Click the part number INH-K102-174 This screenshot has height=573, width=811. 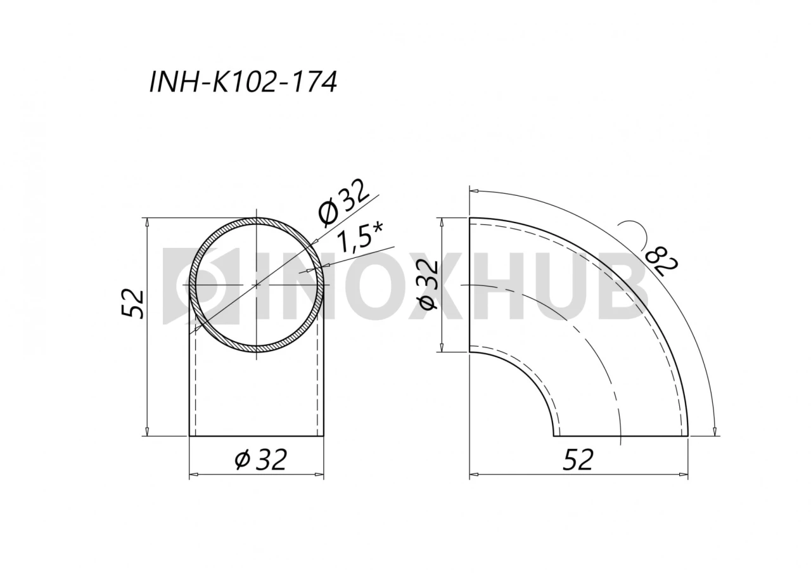(x=243, y=82)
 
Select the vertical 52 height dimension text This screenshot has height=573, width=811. (x=133, y=304)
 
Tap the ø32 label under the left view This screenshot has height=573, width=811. (x=260, y=459)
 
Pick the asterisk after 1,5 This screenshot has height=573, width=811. (x=378, y=228)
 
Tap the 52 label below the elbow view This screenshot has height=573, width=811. (x=578, y=460)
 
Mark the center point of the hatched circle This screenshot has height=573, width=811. (x=257, y=285)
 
